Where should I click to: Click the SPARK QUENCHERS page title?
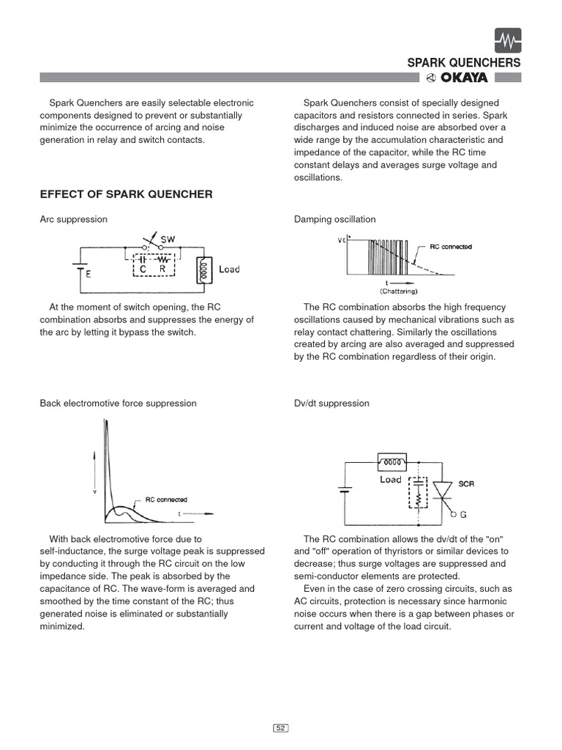[x=464, y=63]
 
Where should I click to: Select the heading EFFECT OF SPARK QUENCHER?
[x=126, y=194]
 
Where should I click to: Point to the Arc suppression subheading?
[x=73, y=219]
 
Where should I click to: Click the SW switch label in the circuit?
[x=168, y=240]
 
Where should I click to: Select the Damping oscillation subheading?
[x=334, y=219]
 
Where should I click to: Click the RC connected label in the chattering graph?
[x=450, y=247]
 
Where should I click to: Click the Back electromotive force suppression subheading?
[x=118, y=403]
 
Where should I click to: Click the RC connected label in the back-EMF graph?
[x=165, y=500]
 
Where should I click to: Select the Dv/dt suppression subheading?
[x=331, y=403]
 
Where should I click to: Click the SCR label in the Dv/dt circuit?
[x=467, y=484]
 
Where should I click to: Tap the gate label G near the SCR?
[x=463, y=514]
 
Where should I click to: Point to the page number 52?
[x=281, y=728]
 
